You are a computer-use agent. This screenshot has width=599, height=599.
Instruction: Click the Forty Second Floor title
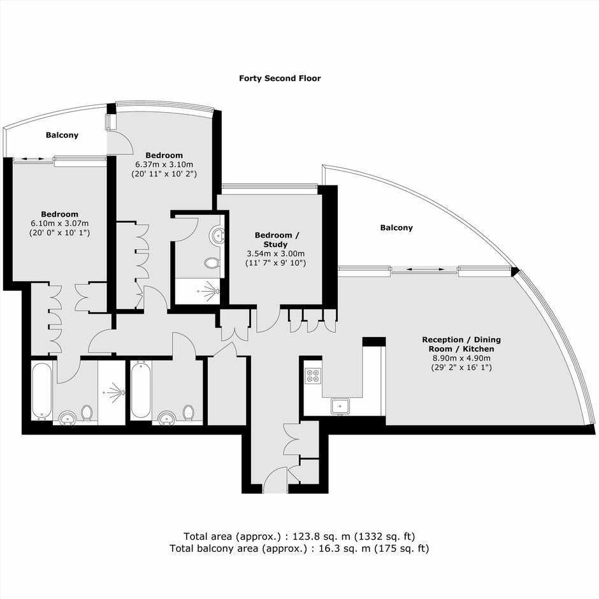point(280,78)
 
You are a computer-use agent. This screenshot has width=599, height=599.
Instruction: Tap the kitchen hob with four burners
point(313,375)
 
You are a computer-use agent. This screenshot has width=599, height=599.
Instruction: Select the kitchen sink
point(340,406)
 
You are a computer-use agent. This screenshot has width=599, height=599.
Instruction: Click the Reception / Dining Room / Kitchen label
point(461,344)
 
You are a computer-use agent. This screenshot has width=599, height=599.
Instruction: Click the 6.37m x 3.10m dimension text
point(164,164)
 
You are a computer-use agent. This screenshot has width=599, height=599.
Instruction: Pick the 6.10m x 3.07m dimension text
point(60,224)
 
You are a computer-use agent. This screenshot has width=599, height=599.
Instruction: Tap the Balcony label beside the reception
point(396,227)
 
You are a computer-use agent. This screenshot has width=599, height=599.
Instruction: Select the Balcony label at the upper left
point(62,135)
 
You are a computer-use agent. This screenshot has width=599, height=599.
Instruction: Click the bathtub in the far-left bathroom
point(41,391)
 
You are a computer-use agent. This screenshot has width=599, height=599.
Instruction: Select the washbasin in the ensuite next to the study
point(217,235)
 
